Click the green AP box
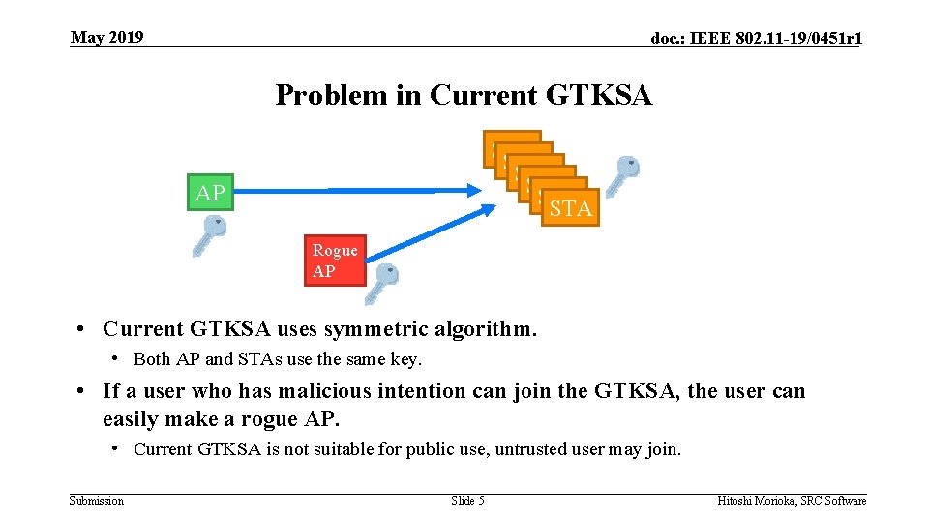(x=209, y=193)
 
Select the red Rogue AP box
(x=335, y=261)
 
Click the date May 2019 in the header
(x=106, y=37)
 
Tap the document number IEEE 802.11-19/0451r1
(x=757, y=39)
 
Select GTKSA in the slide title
(x=599, y=95)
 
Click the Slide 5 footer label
(x=467, y=501)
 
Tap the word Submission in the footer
(x=97, y=501)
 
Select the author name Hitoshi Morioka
(x=757, y=501)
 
